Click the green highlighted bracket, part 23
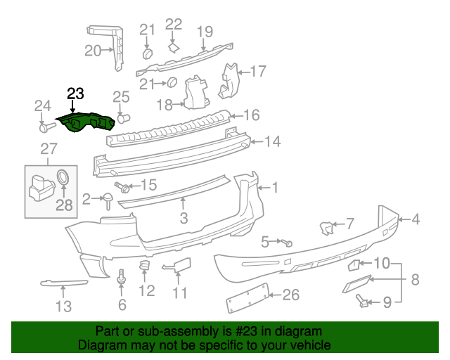point(85,122)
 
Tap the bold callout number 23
point(75,94)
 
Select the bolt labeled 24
point(47,127)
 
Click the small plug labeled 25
point(124,118)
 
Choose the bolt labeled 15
point(122,186)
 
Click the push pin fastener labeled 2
point(108,200)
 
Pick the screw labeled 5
point(287,243)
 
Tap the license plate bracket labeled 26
point(247,298)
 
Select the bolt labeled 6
point(122,276)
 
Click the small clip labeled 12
point(145,265)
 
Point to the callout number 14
point(272,141)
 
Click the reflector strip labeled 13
point(64,283)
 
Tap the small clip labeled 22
point(174,48)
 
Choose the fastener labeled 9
point(361,300)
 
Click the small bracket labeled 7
point(327,228)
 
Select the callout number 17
point(259,71)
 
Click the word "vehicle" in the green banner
point(313,345)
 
